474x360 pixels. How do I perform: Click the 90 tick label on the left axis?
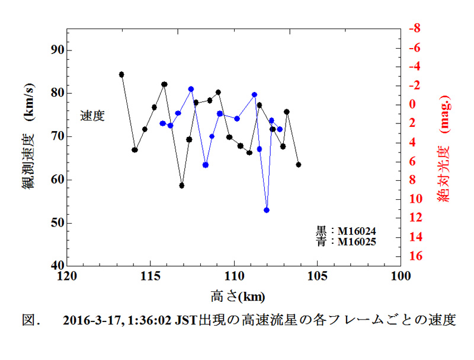[x=56, y=50]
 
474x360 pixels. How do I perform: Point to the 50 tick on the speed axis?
[x=56, y=223]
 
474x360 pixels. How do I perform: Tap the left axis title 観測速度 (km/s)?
[x=28, y=147]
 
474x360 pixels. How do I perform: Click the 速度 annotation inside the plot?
[x=92, y=116]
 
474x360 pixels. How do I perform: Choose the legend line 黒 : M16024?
[x=345, y=231]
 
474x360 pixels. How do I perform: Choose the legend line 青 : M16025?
[x=345, y=241]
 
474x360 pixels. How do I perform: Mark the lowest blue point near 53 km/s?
[x=267, y=210]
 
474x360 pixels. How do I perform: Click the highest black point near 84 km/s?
[x=121, y=74]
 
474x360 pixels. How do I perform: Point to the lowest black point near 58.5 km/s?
[x=182, y=186]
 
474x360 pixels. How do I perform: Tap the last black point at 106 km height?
[x=298, y=164]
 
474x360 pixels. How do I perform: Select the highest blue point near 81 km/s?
[x=191, y=89]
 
